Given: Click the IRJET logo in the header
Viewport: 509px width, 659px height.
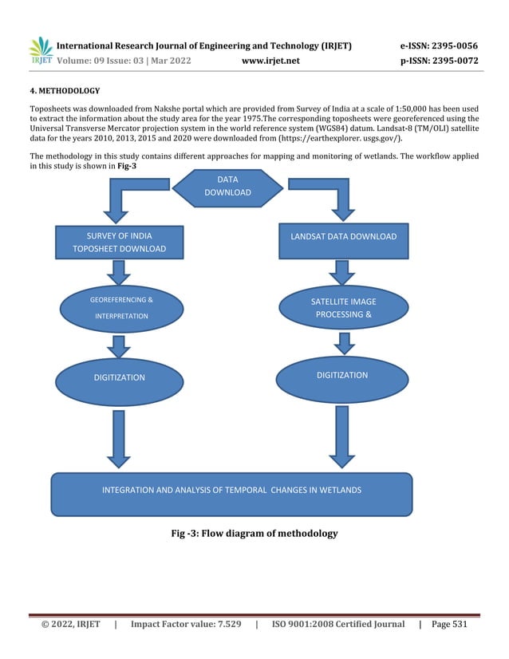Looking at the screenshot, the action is (41, 50).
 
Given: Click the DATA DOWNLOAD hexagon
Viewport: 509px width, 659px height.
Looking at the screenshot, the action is (228, 187).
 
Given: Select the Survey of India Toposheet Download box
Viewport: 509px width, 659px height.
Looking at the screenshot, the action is (120, 242).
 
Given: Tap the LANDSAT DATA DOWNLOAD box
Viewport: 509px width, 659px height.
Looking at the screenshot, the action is (343, 241).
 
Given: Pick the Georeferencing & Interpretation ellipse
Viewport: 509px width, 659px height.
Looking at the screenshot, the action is (121, 309).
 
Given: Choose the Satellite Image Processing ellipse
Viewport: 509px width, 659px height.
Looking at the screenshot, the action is (343, 308).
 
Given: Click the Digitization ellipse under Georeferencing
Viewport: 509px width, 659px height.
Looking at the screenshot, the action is (120, 381).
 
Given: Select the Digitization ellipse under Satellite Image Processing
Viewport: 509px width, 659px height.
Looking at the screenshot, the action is (342, 379).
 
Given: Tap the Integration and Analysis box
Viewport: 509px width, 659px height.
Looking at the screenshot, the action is (231, 495).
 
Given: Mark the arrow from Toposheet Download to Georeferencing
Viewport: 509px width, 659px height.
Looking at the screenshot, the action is (119, 272).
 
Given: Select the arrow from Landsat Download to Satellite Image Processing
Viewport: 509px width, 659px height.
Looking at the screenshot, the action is (342, 272).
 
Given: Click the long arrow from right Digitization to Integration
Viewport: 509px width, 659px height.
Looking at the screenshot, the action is (342, 437).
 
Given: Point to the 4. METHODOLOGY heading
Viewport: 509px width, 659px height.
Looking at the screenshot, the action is (65, 91).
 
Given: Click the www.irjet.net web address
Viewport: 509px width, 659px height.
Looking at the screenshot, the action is (270, 61).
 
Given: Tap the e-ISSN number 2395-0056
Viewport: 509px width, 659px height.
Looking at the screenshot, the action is (455, 45).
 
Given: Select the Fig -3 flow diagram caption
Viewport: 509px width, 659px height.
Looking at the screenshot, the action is (254, 533).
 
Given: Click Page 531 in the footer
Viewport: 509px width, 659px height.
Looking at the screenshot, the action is (449, 624).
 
